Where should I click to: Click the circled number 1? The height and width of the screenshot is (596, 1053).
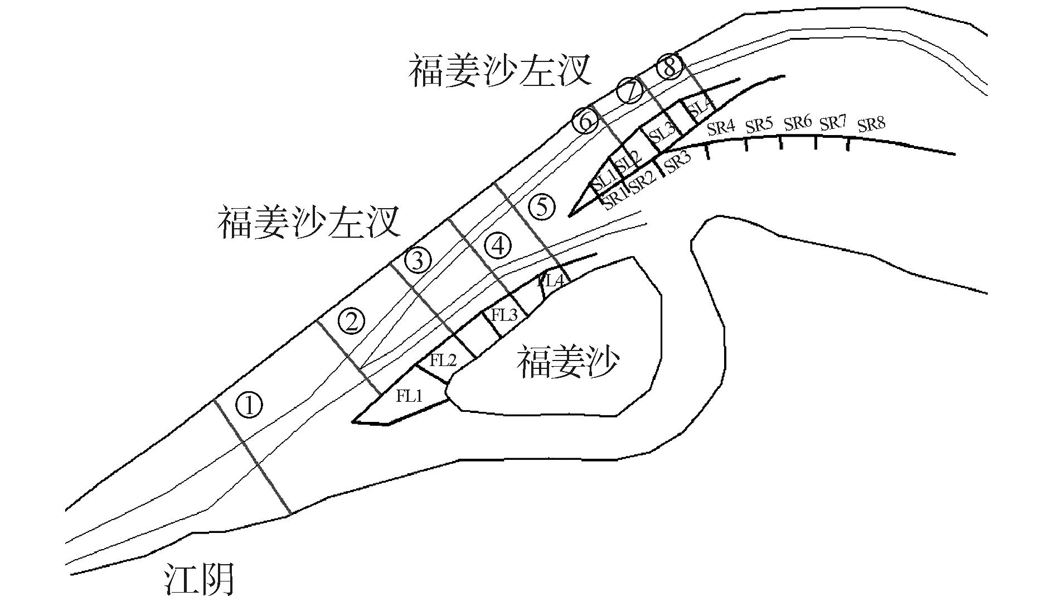(x=249, y=405)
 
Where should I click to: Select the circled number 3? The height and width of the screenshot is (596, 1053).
(x=418, y=259)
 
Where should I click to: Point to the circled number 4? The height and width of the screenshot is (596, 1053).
(x=498, y=246)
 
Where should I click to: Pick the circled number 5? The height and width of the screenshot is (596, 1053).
(x=542, y=208)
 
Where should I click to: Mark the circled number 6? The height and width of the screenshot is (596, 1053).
(x=585, y=121)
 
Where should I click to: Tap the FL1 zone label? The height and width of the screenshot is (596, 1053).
(x=410, y=397)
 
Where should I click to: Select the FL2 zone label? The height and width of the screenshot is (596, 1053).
(x=443, y=361)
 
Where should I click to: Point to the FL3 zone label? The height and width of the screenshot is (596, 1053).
(x=504, y=315)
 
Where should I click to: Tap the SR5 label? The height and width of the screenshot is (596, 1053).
(x=758, y=126)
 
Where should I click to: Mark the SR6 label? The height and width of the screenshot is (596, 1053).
(x=797, y=123)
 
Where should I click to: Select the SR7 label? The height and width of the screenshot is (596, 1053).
(x=833, y=123)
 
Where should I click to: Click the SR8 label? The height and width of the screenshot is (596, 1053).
(x=871, y=123)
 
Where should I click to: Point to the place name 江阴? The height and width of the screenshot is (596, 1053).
(x=198, y=579)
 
